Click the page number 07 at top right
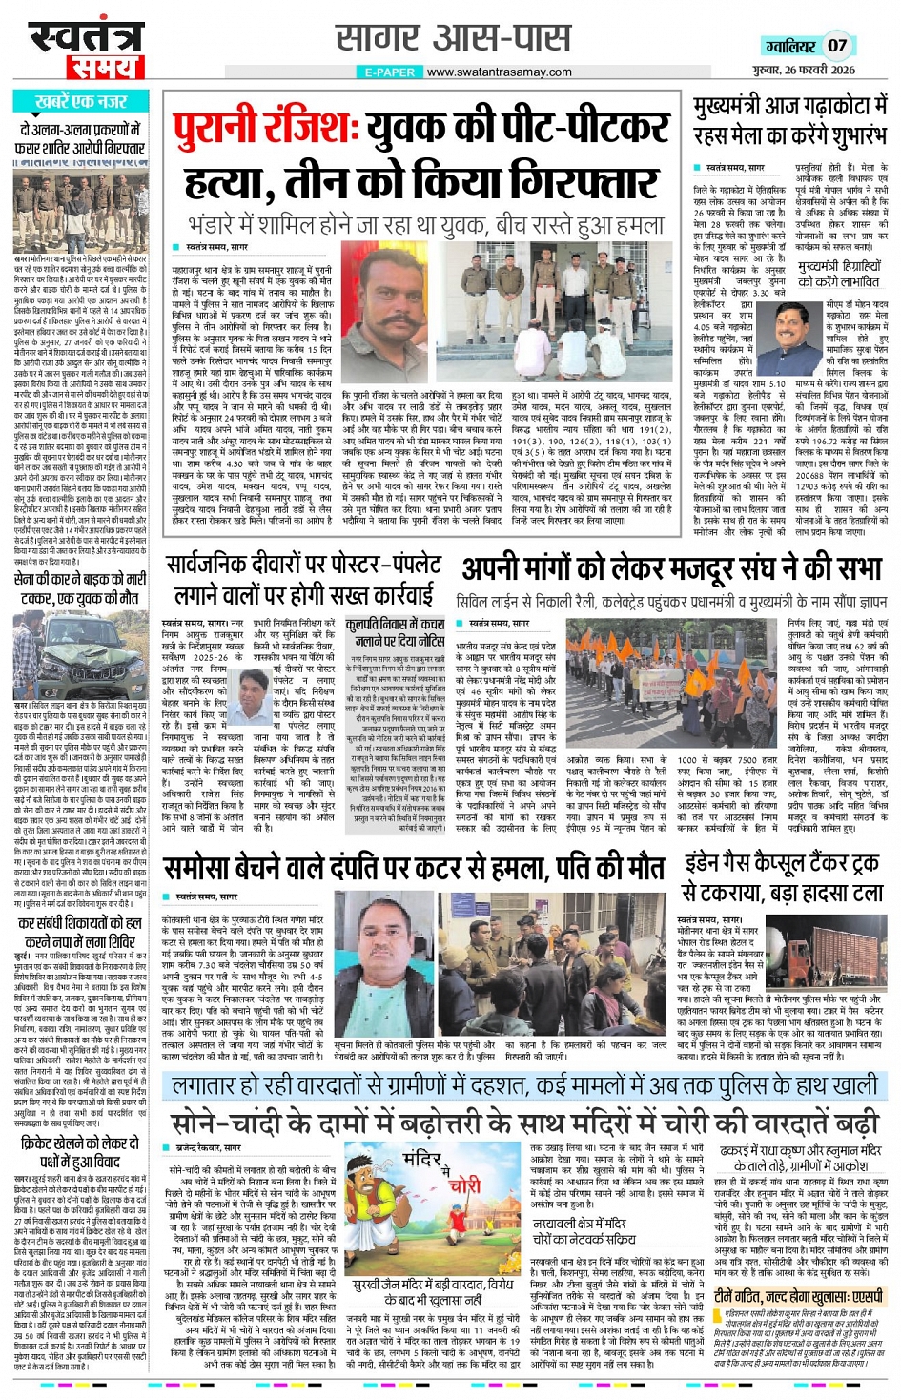(x=836, y=45)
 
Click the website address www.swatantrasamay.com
(x=499, y=72)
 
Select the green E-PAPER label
(x=389, y=72)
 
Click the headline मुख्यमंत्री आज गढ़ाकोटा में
(x=789, y=105)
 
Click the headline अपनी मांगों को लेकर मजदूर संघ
(x=671, y=569)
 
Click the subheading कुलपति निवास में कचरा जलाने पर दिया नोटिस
(x=396, y=631)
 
